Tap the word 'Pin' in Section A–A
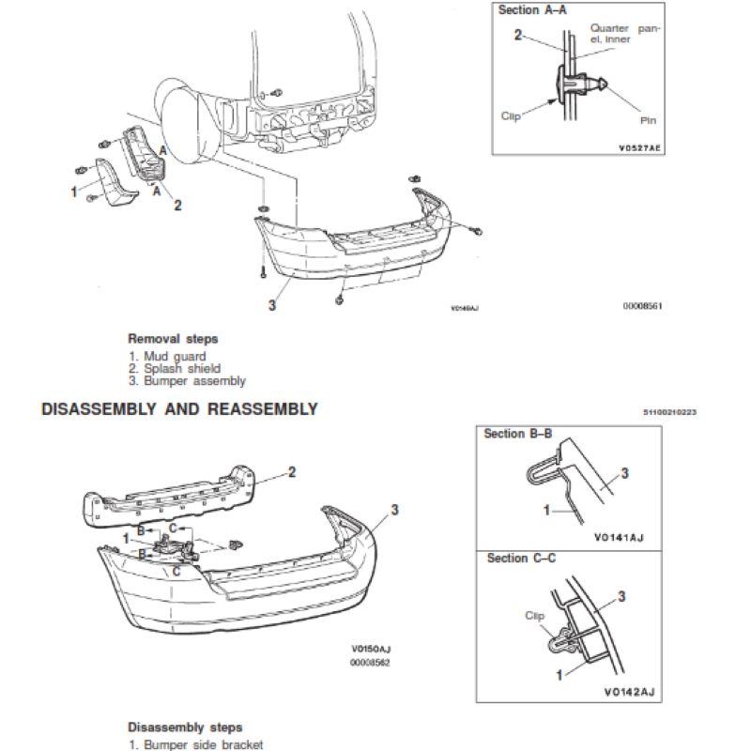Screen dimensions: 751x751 click(649, 120)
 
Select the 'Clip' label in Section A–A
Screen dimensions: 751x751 click(511, 115)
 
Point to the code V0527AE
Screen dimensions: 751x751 click(640, 148)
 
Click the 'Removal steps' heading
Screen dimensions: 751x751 click(173, 339)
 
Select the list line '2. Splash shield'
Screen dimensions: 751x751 click(175, 369)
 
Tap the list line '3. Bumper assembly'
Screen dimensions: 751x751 click(187, 381)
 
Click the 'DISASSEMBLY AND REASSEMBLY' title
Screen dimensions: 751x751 click(179, 409)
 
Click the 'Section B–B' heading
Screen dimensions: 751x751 click(517, 434)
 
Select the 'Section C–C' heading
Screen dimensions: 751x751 click(521, 559)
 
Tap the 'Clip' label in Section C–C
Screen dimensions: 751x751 click(534, 616)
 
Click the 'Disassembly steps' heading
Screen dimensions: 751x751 click(185, 728)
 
